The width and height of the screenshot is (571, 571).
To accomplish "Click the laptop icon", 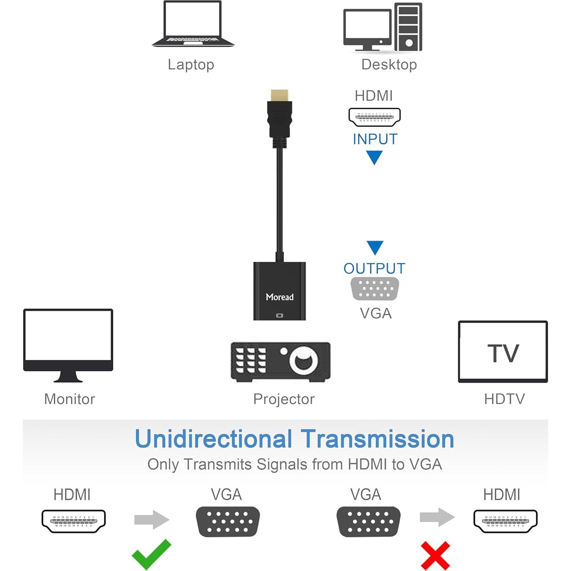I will [x=193, y=24].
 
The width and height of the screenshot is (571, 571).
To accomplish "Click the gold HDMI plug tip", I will [x=279, y=95].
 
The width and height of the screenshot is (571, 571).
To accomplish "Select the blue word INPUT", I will [x=375, y=139].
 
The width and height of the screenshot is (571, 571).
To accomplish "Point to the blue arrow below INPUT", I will [x=374, y=157].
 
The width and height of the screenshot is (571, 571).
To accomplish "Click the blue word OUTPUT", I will [x=374, y=269].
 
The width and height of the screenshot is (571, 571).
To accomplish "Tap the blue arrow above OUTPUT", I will [x=374, y=248].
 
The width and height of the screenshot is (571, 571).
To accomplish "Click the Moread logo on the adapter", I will [x=279, y=297].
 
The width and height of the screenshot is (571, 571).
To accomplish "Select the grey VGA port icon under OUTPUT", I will [x=374, y=288].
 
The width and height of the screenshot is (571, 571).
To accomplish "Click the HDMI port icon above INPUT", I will [x=374, y=117].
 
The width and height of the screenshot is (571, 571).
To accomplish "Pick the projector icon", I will [x=280, y=361].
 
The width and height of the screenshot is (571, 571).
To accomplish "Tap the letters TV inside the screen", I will [x=503, y=353].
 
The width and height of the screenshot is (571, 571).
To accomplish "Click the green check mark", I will [x=152, y=553].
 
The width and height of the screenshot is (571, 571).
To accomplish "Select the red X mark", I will [x=435, y=555].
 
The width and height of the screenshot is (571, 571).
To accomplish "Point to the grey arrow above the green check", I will [x=152, y=519].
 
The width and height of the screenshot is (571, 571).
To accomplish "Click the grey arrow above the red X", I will [x=437, y=517].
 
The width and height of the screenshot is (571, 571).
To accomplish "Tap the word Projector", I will [x=284, y=399].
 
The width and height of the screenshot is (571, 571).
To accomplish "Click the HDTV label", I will [x=504, y=399].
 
